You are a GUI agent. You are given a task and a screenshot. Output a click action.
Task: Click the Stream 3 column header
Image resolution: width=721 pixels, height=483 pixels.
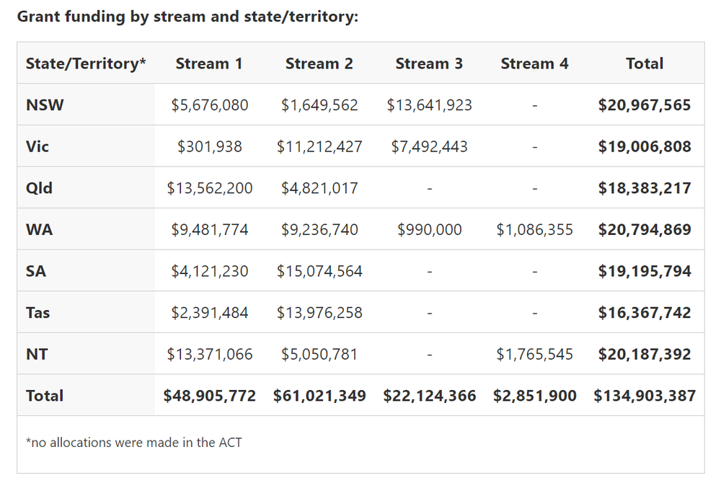point(429,63)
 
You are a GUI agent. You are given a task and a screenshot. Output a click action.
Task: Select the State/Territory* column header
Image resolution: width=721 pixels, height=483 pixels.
point(86,63)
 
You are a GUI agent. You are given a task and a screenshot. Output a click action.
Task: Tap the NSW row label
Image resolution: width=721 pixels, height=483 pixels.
point(45,105)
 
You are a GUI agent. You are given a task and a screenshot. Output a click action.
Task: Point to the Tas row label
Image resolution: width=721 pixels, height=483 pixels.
point(37,313)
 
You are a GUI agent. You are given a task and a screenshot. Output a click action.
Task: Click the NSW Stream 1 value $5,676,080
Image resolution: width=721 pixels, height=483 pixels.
point(210,105)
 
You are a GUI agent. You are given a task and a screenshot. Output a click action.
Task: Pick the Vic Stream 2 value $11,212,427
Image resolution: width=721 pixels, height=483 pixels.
point(319,147)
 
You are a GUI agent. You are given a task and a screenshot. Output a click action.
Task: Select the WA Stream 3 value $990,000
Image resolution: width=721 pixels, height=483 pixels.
point(429,230)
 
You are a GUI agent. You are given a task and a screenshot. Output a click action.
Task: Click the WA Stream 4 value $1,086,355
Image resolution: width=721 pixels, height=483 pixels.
point(534,230)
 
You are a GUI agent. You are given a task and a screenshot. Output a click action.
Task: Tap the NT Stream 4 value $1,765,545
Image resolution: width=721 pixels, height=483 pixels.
point(534,355)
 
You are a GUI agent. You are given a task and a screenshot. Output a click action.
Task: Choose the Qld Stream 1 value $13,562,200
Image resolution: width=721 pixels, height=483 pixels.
point(210,188)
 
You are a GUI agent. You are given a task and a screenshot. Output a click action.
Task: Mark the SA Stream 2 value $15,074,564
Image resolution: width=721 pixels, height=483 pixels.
point(319,272)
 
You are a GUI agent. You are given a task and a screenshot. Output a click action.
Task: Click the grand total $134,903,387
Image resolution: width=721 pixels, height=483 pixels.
point(645,396)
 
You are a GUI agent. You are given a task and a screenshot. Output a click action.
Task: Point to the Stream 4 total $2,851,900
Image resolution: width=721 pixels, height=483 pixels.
point(534,396)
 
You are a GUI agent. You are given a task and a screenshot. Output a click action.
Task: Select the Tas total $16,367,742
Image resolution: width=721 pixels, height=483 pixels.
point(645,313)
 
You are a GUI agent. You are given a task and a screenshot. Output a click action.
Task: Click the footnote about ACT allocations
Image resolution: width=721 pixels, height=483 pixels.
point(134,442)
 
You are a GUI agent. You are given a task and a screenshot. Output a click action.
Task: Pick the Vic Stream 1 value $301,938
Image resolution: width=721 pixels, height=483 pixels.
point(210,147)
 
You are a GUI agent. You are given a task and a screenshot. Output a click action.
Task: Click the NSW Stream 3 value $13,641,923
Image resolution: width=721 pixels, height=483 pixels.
point(429,105)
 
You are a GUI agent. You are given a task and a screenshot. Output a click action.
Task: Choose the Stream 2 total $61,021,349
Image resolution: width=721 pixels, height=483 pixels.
point(319,396)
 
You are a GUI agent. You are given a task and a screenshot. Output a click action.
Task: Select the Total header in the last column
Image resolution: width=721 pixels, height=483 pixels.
point(645,63)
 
